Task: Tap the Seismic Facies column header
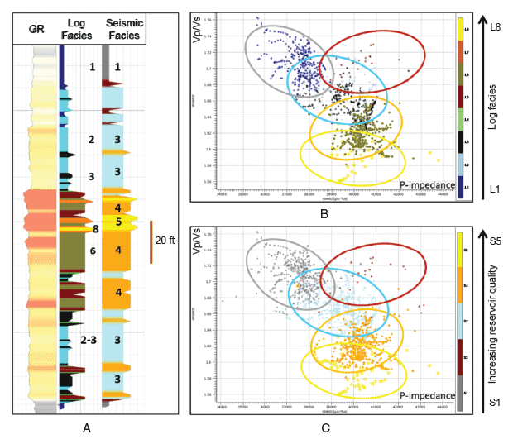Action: pos(122,30)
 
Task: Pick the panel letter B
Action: pos(324,213)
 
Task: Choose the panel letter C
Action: pos(325,427)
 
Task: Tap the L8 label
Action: pos(496,27)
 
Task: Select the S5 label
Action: pos(496,241)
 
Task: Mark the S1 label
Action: pos(496,403)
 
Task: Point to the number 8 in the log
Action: pos(96,229)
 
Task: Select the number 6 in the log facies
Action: pos(93,250)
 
